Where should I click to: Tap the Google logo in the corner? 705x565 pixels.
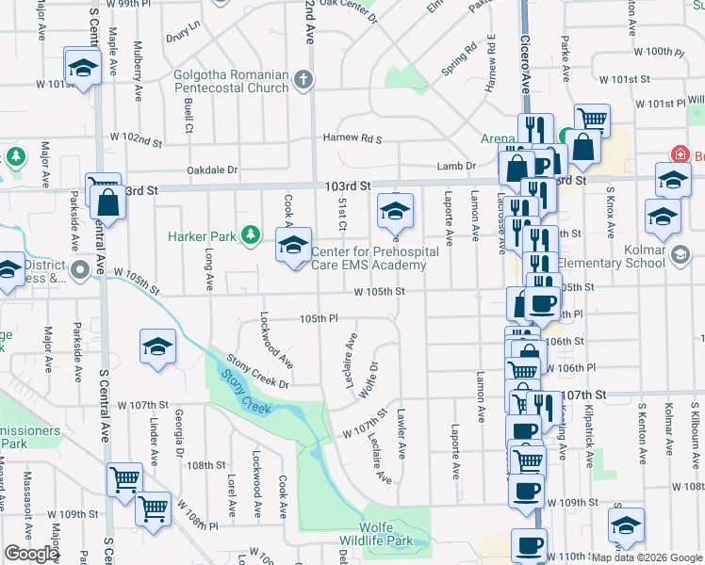[31, 554]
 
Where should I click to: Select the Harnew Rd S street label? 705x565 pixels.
[352, 138]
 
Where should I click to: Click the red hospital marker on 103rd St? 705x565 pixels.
[677, 153]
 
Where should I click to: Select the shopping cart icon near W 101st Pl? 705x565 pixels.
[592, 120]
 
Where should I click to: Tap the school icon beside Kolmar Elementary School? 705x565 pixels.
[680, 253]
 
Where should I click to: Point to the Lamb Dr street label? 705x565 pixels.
[456, 167]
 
